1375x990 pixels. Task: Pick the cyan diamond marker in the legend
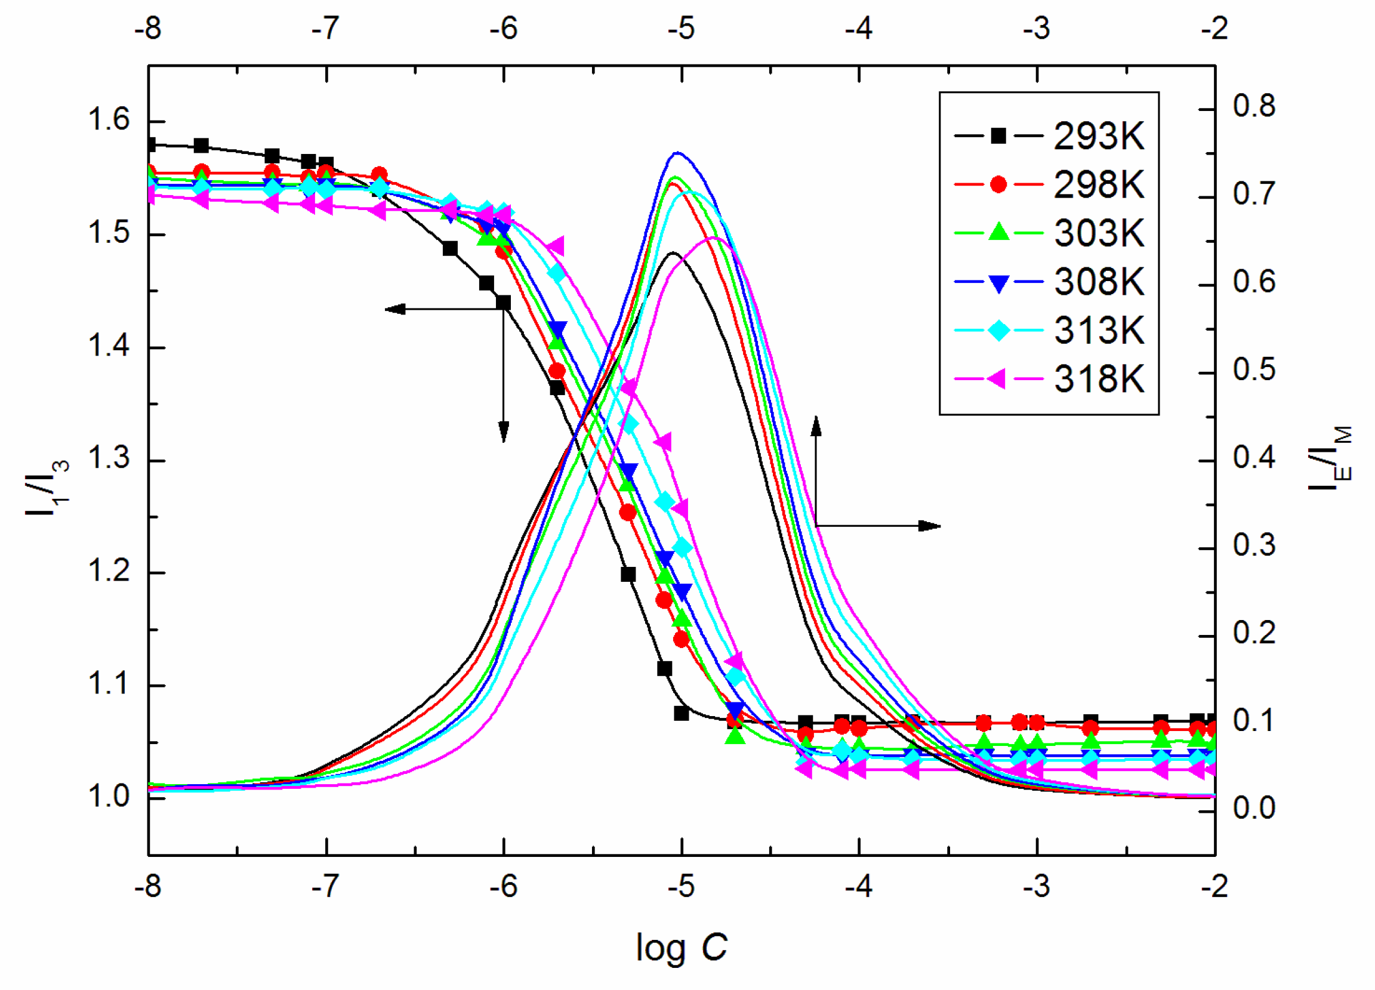998,331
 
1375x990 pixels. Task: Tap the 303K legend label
1099,233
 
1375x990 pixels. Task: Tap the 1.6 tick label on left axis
109,119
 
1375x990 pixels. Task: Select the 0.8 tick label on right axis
1254,106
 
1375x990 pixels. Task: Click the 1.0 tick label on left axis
109,797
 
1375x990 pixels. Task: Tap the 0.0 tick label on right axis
1254,808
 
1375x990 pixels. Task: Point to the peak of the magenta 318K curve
716,238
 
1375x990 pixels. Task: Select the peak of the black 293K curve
673,253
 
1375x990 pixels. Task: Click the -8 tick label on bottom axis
148,887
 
